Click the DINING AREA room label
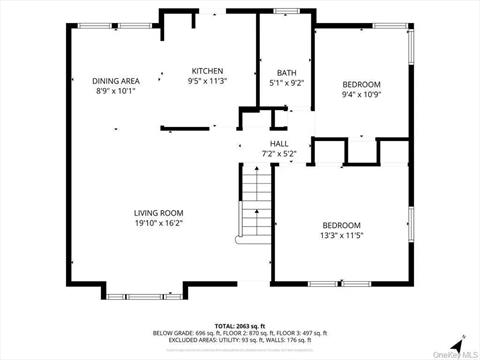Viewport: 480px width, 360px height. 116,81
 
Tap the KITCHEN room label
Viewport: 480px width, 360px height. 207,71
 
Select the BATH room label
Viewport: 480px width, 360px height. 286,73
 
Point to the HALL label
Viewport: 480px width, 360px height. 279,144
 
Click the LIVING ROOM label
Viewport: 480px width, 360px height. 159,213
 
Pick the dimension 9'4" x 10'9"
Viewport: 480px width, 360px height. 362,95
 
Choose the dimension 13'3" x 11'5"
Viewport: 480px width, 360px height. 340,236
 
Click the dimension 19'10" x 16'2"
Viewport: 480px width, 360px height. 159,224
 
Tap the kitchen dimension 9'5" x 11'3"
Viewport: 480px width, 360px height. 207,82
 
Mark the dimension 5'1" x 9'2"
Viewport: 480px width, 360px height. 286,84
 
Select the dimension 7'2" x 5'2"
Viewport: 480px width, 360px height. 279,154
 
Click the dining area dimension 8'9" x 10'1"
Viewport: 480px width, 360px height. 116,91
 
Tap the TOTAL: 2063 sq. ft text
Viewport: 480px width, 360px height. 240,325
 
